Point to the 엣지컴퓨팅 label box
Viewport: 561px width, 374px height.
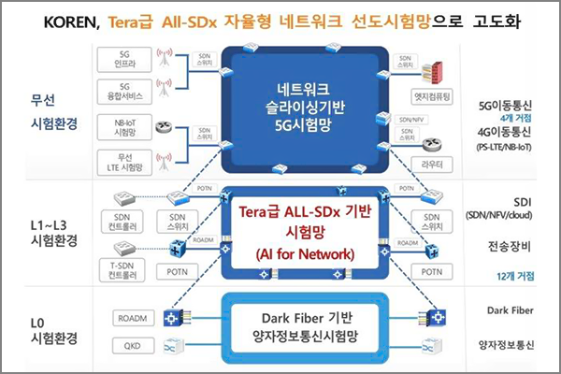[432, 94]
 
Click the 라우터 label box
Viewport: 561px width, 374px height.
[431, 161]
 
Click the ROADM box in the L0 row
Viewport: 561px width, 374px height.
[131, 317]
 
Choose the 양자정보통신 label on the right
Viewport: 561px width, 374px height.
[511, 344]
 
